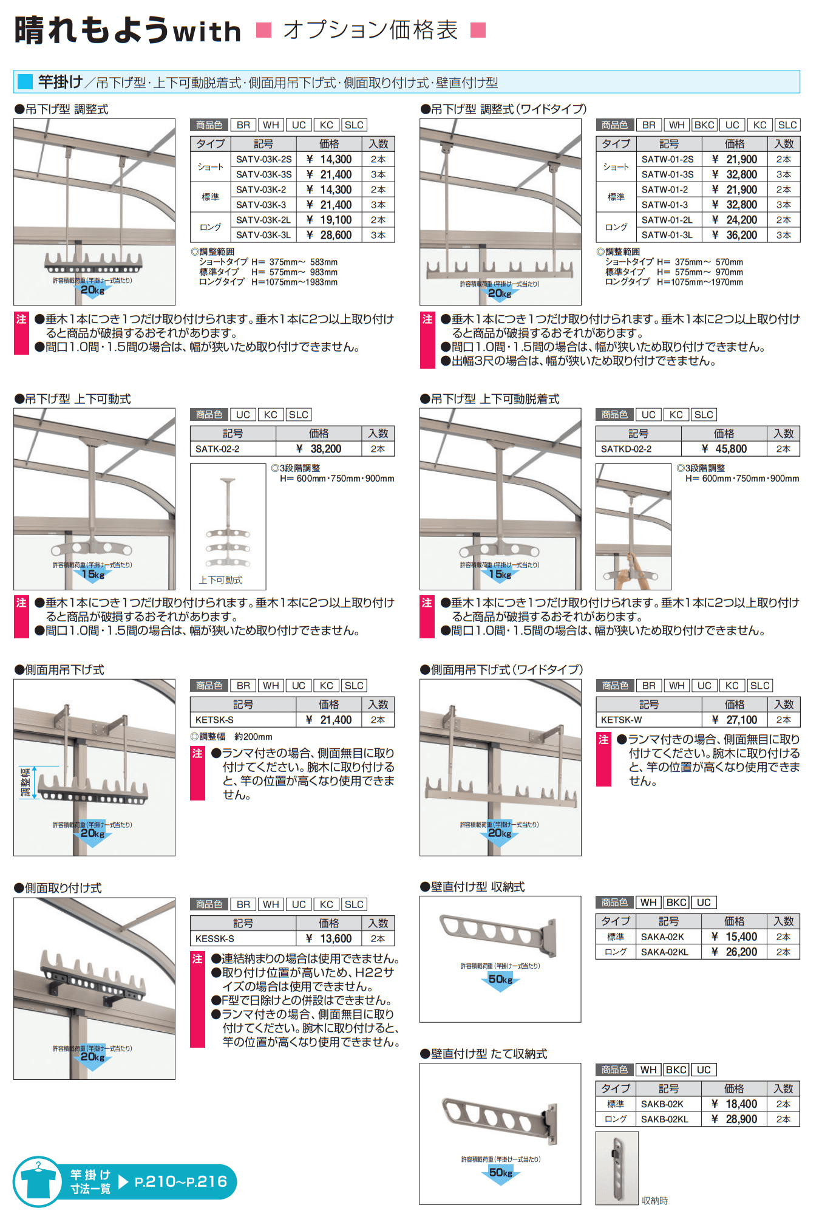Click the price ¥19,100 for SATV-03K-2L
[329, 220]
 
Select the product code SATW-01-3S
[667, 174]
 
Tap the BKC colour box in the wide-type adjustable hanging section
[704, 125]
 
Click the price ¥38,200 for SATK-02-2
[319, 449]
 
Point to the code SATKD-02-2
[626, 449]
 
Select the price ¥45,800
[724, 449]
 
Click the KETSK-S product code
[214, 720]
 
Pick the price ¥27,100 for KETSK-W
[735, 720]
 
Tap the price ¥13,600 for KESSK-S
[328, 938]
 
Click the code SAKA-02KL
[665, 952]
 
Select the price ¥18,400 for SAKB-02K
[734, 1104]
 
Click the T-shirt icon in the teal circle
[38, 1181]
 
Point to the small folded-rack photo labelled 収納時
[617, 1167]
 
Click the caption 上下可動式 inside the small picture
[220, 580]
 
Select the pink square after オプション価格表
[478, 30]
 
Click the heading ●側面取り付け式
[58, 888]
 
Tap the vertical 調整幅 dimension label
[25, 782]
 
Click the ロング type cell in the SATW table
[616, 227]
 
